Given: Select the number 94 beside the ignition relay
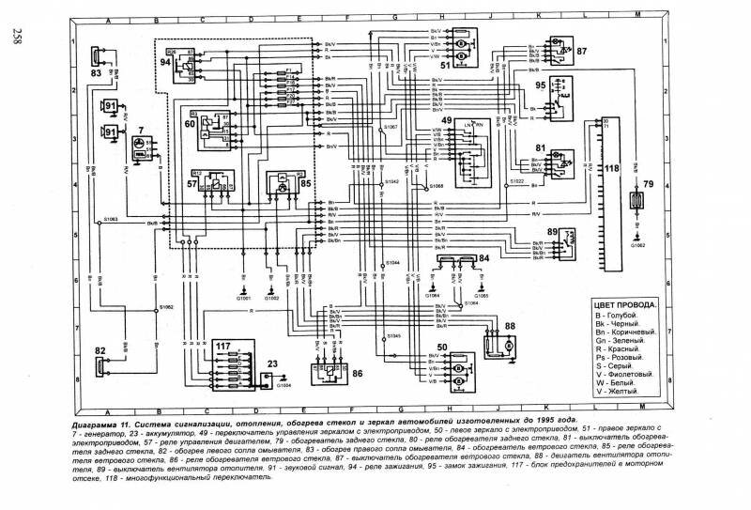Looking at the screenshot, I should (x=166, y=63).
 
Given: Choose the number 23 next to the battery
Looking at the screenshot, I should (x=272, y=365).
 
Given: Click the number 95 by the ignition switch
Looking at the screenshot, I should (x=541, y=85).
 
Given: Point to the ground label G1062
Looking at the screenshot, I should (x=638, y=245).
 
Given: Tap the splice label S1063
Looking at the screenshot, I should (x=110, y=218).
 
